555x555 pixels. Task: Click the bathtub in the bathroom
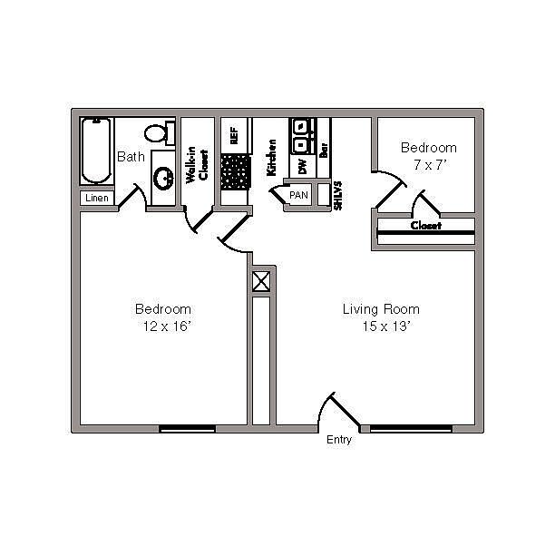click(x=96, y=151)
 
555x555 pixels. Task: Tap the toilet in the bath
click(x=160, y=133)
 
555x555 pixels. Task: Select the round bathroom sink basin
click(x=163, y=178)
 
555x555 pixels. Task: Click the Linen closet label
click(x=97, y=198)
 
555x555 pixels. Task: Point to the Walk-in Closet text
click(x=197, y=164)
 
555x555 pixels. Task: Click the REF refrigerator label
click(x=234, y=135)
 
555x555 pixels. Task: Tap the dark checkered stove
click(x=236, y=172)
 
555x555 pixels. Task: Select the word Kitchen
click(x=271, y=158)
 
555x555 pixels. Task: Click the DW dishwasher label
click(x=303, y=166)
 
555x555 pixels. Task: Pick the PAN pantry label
click(x=298, y=195)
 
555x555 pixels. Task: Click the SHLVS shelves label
click(x=338, y=196)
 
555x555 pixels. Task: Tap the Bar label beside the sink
click(x=324, y=150)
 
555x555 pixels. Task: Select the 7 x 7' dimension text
click(x=431, y=164)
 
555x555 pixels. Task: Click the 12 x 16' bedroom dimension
click(x=167, y=326)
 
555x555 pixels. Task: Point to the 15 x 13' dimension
click(x=385, y=326)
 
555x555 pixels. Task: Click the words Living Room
click(x=381, y=309)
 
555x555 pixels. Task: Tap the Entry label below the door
click(x=339, y=440)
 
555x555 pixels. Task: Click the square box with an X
click(x=261, y=282)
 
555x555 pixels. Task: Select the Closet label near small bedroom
click(x=426, y=226)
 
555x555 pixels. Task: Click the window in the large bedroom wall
click(x=187, y=429)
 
